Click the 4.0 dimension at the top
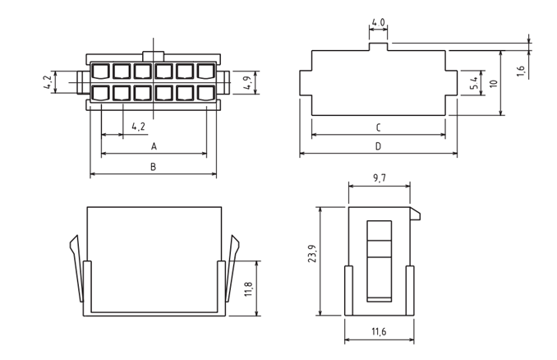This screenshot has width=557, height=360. point(378,23)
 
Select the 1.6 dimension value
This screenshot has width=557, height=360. point(521,71)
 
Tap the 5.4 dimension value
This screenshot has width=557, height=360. point(474,83)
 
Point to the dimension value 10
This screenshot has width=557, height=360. point(494,84)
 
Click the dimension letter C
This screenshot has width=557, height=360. point(379,127)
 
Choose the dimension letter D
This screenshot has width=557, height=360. point(379,146)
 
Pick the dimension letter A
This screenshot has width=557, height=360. point(154,146)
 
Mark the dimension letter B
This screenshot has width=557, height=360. point(153,166)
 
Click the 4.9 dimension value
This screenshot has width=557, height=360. point(248,83)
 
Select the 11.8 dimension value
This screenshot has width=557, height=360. point(248,289)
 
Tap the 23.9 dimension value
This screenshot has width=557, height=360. point(312,254)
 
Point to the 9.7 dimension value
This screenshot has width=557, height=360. point(380,178)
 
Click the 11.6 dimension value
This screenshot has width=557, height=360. point(379,331)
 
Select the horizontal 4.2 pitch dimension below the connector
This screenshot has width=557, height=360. point(138,126)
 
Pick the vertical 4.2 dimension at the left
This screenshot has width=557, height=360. point(48,82)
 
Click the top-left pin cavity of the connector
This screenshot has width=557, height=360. point(100,71)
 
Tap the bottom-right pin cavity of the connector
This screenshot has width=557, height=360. point(205,94)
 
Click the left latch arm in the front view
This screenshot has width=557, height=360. point(77,268)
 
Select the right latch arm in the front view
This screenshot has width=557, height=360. point(232,268)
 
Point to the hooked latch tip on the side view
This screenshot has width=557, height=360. point(415,214)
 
